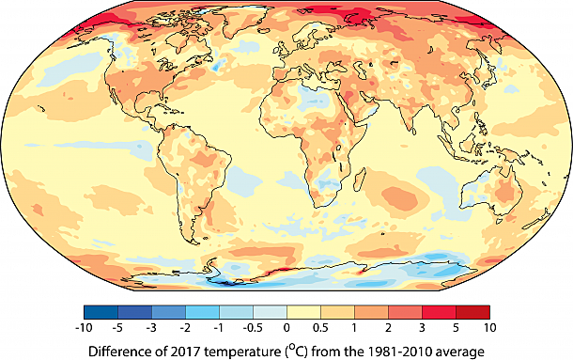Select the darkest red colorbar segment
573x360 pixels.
tap(472, 312)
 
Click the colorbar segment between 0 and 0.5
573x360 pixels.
tap(303, 312)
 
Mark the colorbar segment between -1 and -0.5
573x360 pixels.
tap(236, 312)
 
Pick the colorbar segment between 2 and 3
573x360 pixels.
tap(405, 312)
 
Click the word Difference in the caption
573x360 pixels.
tap(125, 351)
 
